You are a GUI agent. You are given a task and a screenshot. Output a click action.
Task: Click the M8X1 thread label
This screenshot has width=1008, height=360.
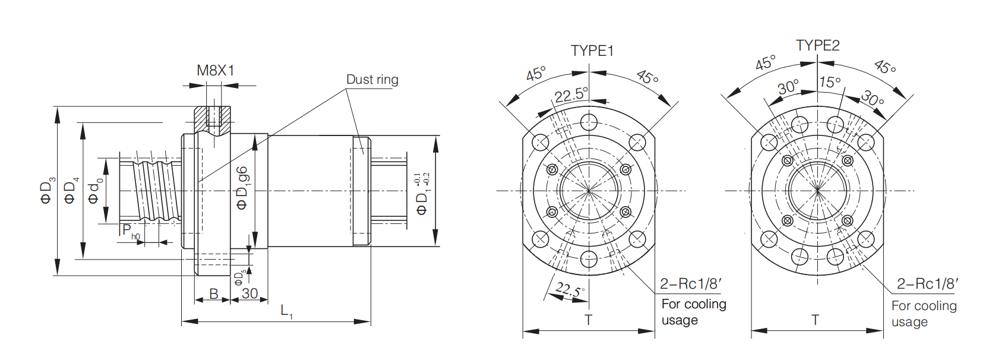coord(216,70)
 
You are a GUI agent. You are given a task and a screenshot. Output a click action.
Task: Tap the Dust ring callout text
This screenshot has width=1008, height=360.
coord(372,80)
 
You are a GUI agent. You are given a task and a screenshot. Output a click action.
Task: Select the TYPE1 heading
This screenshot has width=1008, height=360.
coord(592,51)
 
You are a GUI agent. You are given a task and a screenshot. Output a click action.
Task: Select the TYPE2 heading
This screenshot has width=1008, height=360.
coord(818,45)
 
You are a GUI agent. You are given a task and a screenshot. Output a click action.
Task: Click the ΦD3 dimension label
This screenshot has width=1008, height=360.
coord(48,191)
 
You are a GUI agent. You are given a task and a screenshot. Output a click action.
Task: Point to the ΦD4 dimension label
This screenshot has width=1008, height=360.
coord(71,191)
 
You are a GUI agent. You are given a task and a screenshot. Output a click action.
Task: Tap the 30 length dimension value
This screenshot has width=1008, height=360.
coord(249,293)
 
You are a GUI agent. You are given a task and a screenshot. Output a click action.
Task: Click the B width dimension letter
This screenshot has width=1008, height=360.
coord(214,294)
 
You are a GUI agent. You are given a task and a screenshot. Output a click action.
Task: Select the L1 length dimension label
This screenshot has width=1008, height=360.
coord(287,311)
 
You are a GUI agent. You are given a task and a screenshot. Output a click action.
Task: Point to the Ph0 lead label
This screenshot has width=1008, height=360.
coord(131,232)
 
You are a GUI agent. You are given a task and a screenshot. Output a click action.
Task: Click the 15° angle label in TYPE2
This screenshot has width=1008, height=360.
coord(829,82)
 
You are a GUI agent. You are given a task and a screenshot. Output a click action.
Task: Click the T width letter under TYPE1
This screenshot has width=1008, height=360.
coord(588,320)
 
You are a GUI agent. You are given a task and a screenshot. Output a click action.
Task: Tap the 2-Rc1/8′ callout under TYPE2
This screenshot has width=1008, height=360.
coord(927,283)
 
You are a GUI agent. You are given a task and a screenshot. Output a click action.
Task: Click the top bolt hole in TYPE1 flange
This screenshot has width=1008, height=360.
coord(589,122)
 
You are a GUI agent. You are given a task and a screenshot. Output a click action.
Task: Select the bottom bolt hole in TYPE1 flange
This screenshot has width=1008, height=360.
coord(589,259)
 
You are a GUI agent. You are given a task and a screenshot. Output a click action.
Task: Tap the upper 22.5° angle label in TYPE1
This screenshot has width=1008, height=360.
coord(571,95)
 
